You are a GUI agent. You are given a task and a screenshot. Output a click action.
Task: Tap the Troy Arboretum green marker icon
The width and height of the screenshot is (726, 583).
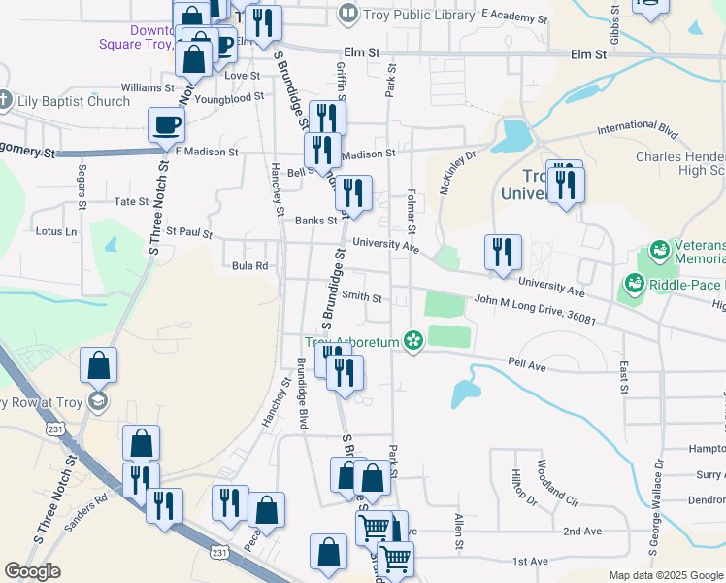click(414, 339)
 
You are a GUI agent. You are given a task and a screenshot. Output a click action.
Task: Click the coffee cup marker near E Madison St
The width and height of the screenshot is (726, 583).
click(165, 124)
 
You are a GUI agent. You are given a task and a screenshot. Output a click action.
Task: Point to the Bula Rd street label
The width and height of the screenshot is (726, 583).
click(250, 265)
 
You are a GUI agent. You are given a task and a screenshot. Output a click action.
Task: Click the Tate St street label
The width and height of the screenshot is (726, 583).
click(131, 202)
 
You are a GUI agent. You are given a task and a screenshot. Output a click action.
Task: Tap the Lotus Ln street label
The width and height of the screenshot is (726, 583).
click(55, 231)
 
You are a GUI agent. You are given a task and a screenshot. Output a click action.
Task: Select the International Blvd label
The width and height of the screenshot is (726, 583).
click(638, 127)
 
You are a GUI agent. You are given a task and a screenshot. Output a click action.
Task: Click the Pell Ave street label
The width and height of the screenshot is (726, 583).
click(528, 362)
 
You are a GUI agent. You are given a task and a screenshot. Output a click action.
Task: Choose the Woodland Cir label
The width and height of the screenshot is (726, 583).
click(556, 485)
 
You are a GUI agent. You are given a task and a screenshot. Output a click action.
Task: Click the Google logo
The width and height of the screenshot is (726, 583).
click(32, 571)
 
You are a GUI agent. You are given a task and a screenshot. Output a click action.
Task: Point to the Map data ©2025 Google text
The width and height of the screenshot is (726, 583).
click(665, 575)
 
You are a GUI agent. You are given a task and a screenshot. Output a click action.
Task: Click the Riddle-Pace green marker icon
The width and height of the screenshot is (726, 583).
click(636, 284)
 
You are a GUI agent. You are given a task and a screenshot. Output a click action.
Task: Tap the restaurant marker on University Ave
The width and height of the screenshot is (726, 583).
click(504, 253)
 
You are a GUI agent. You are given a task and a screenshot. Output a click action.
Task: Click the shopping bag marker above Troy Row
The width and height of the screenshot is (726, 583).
click(99, 365)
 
